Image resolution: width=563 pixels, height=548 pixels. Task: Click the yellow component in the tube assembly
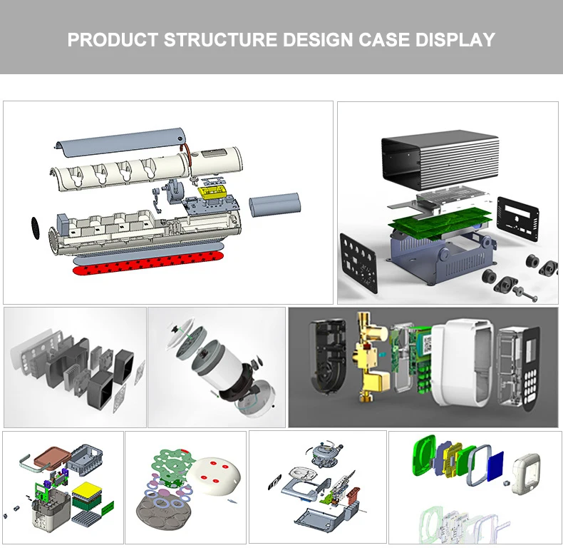(x=212, y=193)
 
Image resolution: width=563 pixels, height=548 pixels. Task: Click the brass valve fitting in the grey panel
(x=371, y=357)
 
